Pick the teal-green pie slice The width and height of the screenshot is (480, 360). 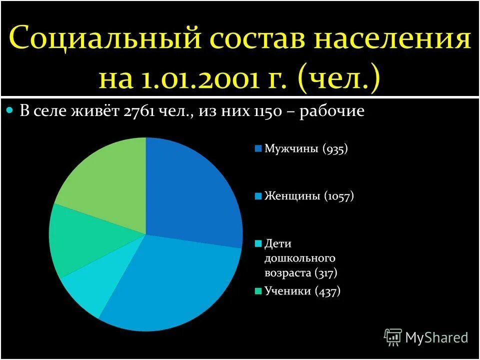[75, 240]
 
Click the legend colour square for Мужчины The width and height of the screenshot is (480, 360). [258, 148]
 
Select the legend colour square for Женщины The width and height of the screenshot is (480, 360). [258, 196]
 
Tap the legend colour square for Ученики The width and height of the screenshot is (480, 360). [258, 291]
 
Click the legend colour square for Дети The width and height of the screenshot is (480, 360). [258, 244]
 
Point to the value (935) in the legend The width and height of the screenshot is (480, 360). [335, 148]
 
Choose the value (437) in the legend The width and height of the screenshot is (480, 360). [327, 291]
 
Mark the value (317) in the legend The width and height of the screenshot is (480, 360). [325, 273]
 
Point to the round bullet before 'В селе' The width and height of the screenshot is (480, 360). [9, 110]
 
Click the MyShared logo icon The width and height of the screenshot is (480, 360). [393, 337]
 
